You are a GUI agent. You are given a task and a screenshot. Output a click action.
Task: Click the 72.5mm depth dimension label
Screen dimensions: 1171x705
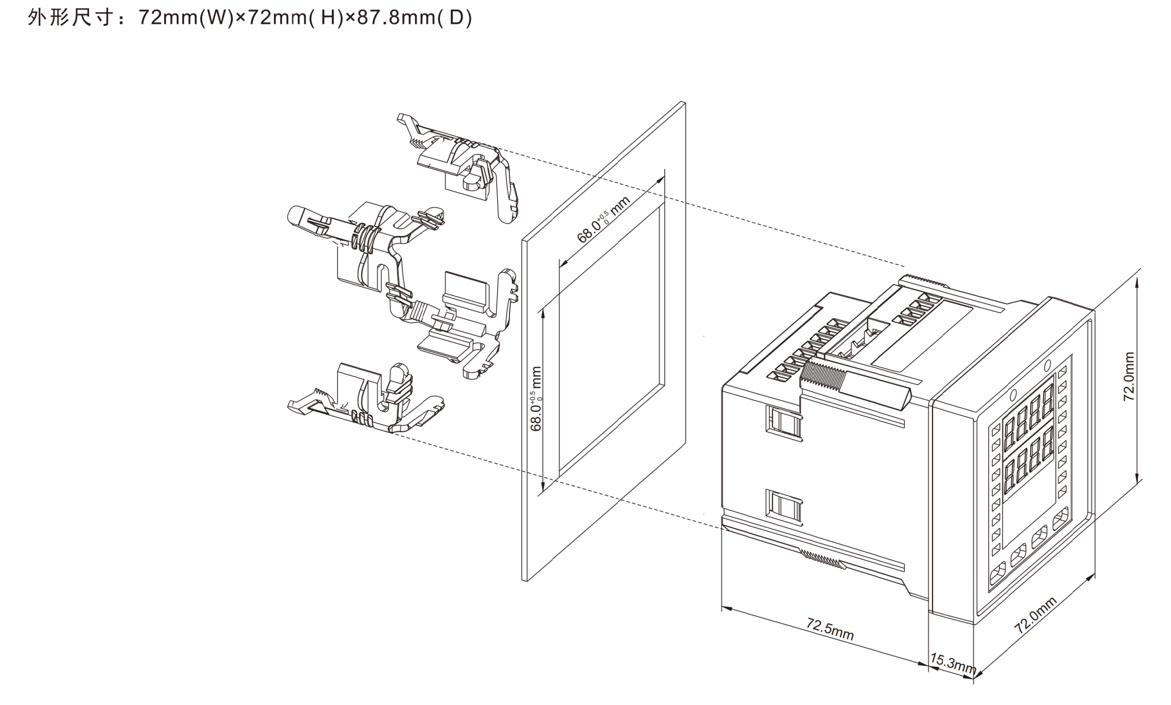tap(830, 629)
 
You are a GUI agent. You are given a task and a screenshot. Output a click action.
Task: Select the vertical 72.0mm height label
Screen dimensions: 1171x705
tap(1129, 376)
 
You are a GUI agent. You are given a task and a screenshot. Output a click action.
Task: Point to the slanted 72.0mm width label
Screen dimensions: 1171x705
tap(1036, 615)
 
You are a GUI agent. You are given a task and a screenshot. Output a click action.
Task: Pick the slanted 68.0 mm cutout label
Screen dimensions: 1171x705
tap(604, 219)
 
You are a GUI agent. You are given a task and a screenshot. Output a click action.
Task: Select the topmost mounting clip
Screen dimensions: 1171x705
tap(459, 168)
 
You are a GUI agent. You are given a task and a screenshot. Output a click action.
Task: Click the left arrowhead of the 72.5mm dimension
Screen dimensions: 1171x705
tap(727, 608)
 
